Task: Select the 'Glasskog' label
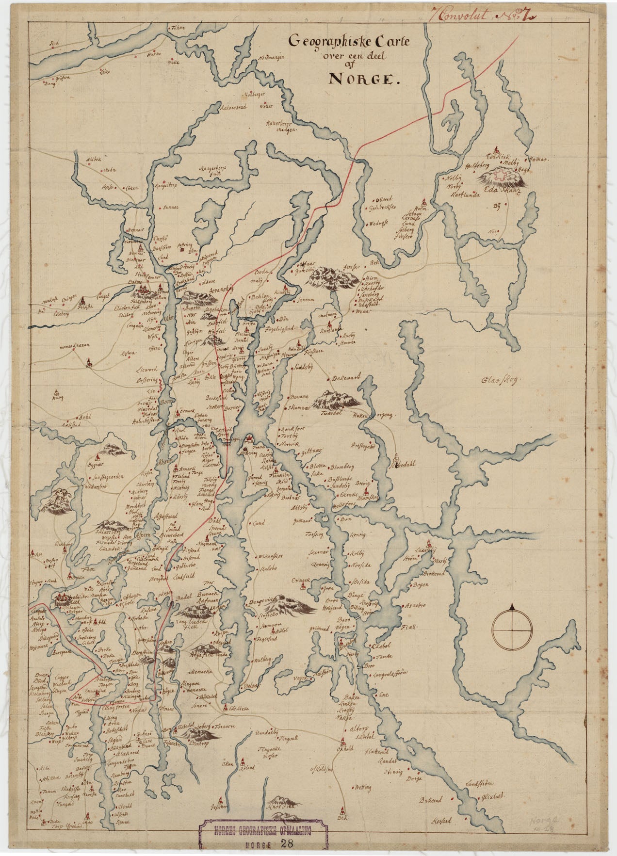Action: click(x=500, y=381)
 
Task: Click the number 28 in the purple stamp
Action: click(x=288, y=843)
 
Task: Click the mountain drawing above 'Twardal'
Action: click(x=337, y=400)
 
